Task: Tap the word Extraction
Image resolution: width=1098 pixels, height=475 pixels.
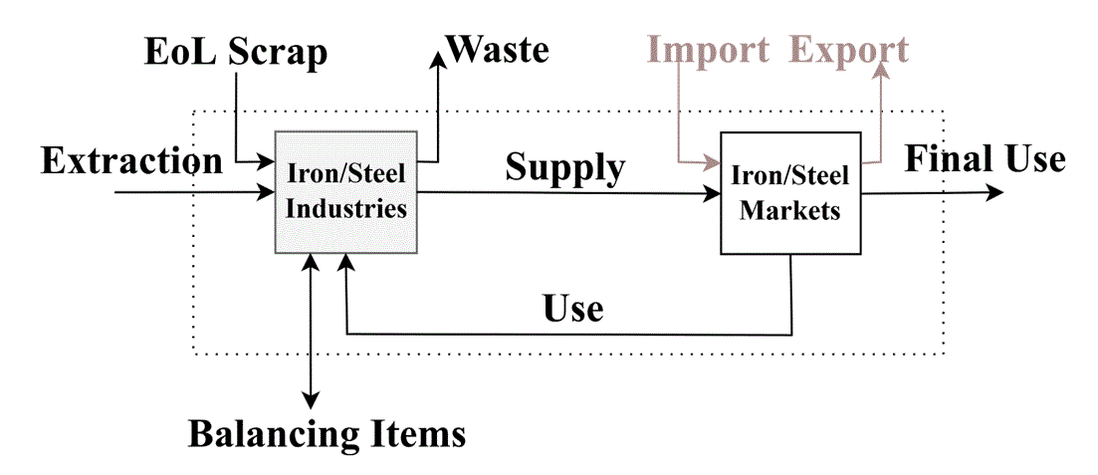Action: pyautogui.click(x=131, y=160)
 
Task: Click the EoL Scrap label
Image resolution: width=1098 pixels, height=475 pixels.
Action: pyautogui.click(x=235, y=53)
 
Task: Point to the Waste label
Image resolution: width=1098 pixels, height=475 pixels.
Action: pyautogui.click(x=498, y=49)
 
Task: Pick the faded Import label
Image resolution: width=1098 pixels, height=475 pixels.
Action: pyautogui.click(x=708, y=49)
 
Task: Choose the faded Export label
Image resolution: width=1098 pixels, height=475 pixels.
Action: pyautogui.click(x=849, y=49)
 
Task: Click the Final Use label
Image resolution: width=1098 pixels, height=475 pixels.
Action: pyautogui.click(x=985, y=158)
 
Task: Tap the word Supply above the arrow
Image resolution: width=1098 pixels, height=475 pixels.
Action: pyautogui.click(x=565, y=167)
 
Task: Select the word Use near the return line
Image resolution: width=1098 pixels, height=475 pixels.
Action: pyautogui.click(x=573, y=309)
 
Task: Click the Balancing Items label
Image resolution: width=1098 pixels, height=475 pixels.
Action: pyautogui.click(x=328, y=434)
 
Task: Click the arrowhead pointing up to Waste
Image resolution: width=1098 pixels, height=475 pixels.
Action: pyautogui.click(x=437, y=60)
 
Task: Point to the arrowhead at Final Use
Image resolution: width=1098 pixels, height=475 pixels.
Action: pyautogui.click(x=994, y=192)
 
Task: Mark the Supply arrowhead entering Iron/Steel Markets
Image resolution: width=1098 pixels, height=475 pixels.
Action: pyautogui.click(x=712, y=193)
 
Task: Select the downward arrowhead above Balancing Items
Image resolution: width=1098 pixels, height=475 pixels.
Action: pyautogui.click(x=313, y=399)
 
